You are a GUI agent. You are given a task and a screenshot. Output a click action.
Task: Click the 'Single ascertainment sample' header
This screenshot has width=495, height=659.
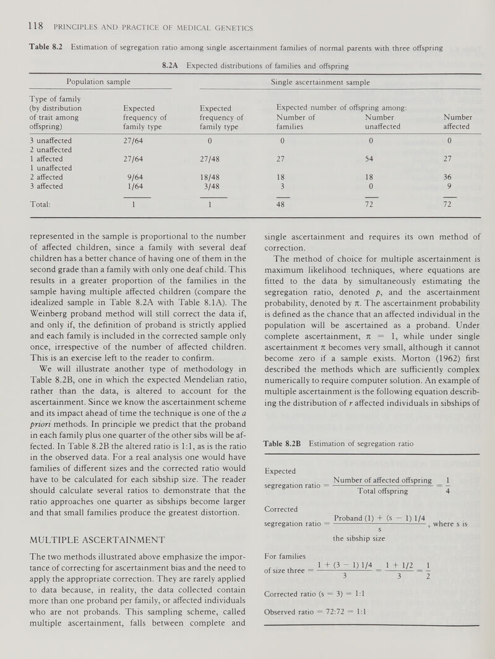click(x=321, y=81)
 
